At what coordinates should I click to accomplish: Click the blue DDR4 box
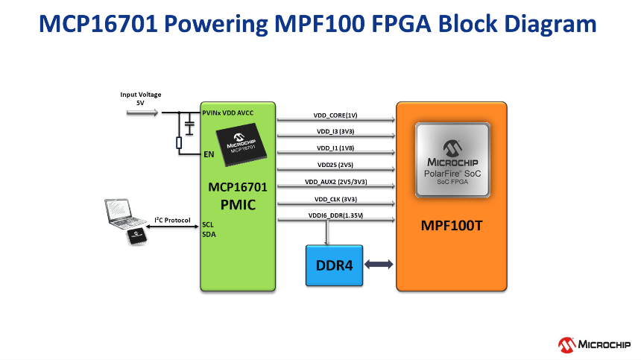click(x=335, y=265)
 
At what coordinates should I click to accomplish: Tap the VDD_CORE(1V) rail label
click(x=335, y=116)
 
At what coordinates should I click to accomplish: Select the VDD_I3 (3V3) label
click(x=335, y=132)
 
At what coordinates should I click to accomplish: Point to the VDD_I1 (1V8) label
click(x=335, y=148)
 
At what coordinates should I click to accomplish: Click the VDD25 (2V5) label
click(x=335, y=165)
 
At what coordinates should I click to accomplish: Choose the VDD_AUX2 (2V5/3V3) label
click(x=335, y=182)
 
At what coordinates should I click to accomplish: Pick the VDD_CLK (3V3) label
click(x=335, y=199)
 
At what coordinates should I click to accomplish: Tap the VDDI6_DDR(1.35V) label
click(x=335, y=216)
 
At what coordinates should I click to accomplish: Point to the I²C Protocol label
click(x=172, y=220)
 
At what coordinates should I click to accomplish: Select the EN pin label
click(x=209, y=154)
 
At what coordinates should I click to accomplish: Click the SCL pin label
click(x=208, y=224)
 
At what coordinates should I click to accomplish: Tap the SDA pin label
click(x=209, y=234)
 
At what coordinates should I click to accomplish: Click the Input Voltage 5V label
click(x=141, y=98)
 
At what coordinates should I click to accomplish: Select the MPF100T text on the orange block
click(x=452, y=224)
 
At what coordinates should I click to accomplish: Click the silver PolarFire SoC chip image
click(x=452, y=160)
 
